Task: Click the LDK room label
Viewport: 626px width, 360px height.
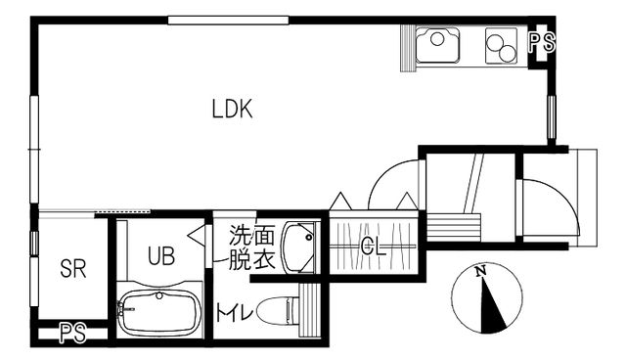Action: coord(233,110)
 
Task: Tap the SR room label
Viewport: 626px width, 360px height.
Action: coord(72,269)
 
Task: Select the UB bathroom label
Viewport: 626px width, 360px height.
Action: coord(161,256)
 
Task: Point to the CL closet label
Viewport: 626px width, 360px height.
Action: coord(373,247)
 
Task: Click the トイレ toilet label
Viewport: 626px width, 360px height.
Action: coord(236,313)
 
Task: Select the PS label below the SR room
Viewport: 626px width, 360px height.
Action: coord(72,334)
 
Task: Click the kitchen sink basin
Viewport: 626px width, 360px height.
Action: coord(437,45)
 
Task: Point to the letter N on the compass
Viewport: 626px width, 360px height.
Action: coord(480,272)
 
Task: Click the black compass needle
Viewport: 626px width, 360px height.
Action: coord(495,305)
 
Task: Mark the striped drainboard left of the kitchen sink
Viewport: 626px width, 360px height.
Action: coord(408,47)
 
